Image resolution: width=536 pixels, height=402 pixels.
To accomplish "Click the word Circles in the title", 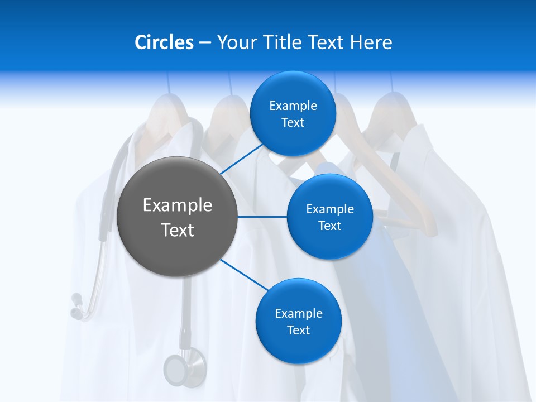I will click(x=164, y=42).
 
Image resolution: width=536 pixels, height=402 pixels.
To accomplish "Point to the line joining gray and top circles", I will click(x=241, y=159).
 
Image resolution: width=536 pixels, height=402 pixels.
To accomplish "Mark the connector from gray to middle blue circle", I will click(x=262, y=217).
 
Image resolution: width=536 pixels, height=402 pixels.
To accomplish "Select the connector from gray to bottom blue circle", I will click(x=245, y=275).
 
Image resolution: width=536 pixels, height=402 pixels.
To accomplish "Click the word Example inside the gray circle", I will click(x=178, y=205).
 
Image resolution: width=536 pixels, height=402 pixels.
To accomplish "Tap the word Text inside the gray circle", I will click(x=178, y=230).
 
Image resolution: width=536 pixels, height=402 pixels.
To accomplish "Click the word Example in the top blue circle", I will click(x=293, y=106).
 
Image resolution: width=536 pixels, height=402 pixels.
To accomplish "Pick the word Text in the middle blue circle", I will click(x=329, y=226).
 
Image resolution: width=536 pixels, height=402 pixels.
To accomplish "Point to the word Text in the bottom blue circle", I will click(x=298, y=330).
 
